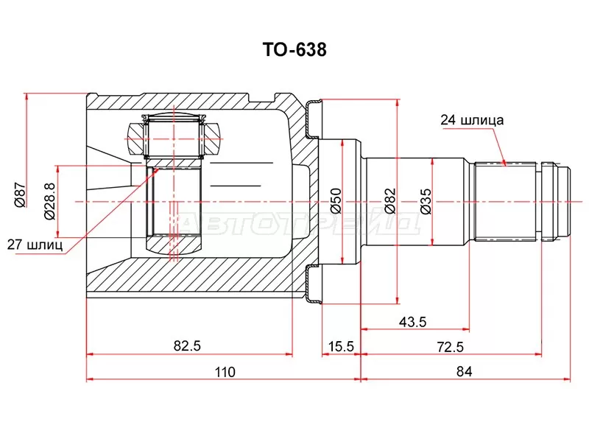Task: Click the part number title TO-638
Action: point(294,50)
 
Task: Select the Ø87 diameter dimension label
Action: point(21,197)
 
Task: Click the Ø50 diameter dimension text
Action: point(335,200)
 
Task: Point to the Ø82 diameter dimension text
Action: point(389,200)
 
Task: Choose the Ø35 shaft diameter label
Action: point(425,200)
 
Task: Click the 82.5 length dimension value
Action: point(188,345)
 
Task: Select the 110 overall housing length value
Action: point(225,372)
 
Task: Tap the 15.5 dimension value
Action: point(341,345)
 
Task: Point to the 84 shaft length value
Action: point(464,372)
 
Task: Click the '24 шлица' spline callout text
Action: point(472,119)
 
